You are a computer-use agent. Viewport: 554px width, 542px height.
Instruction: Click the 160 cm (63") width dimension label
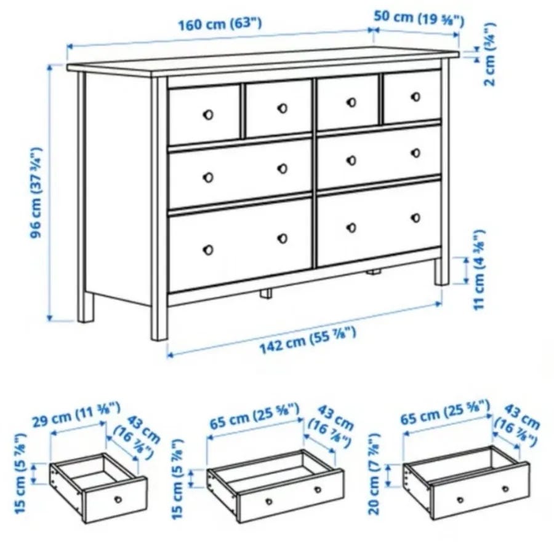tap(219, 24)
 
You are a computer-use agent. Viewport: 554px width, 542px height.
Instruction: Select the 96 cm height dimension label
tap(36, 192)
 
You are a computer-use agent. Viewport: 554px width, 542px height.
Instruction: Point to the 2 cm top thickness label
tap(490, 54)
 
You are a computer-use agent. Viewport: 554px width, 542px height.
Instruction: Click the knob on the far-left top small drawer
tap(208, 114)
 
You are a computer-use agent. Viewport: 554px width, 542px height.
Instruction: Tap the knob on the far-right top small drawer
tap(416, 96)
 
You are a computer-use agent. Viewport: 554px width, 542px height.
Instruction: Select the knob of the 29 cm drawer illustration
tap(118, 500)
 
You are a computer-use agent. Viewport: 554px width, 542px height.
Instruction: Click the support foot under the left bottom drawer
tap(266, 293)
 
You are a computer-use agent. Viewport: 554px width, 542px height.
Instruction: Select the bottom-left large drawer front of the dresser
tap(240, 245)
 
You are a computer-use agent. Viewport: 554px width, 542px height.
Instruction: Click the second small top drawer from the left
tap(279, 108)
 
